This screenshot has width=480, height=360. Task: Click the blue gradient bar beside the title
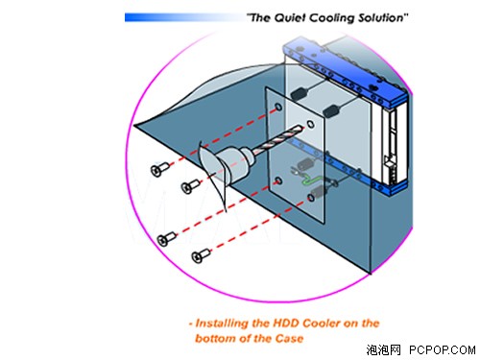pos(182,17)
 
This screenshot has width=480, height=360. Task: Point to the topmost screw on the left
pos(159,169)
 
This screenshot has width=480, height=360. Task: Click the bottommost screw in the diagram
pos(201,255)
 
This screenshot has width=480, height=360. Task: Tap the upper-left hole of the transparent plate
pos(278,107)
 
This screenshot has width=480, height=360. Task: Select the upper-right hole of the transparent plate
pos(310,124)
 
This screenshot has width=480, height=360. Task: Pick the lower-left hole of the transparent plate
pos(278,181)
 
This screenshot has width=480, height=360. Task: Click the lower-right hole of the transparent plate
pos(311,198)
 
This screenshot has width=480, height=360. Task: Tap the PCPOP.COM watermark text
pos(442,349)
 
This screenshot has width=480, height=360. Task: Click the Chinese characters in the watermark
pos(383,349)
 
